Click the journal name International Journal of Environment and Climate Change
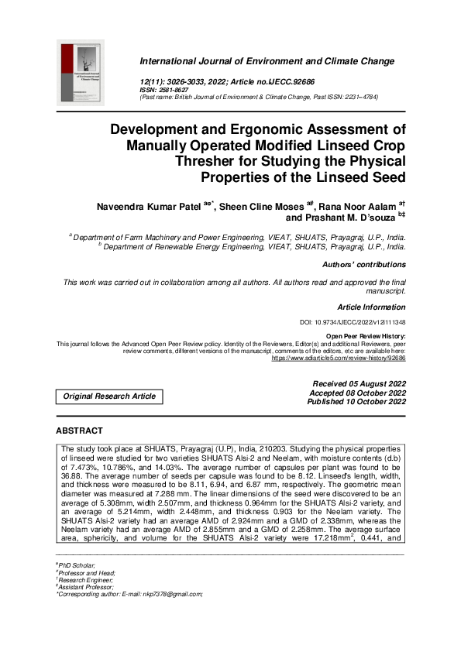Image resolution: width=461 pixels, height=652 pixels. pos(273,60)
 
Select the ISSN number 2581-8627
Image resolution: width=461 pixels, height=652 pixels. pos(174,91)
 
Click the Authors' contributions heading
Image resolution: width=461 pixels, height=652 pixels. pos(364,265)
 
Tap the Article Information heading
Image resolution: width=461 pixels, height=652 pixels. pos(371,307)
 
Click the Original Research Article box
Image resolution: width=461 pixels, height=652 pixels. pos(109,396)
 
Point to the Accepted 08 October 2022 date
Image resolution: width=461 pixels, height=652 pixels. pos(358,393)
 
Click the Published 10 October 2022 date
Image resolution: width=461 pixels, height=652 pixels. pos(356,403)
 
